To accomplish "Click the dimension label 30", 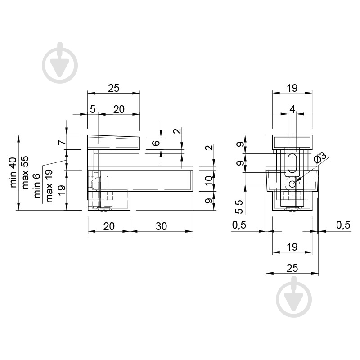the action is point(161,226).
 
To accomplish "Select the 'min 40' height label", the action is point(13,172).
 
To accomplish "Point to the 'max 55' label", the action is point(25,172).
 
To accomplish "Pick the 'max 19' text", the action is point(49,186).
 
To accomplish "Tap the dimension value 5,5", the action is point(239,207).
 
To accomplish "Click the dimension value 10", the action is point(209,181).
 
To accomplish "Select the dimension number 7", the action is point(62,142).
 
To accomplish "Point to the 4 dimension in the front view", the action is point(292,109).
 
